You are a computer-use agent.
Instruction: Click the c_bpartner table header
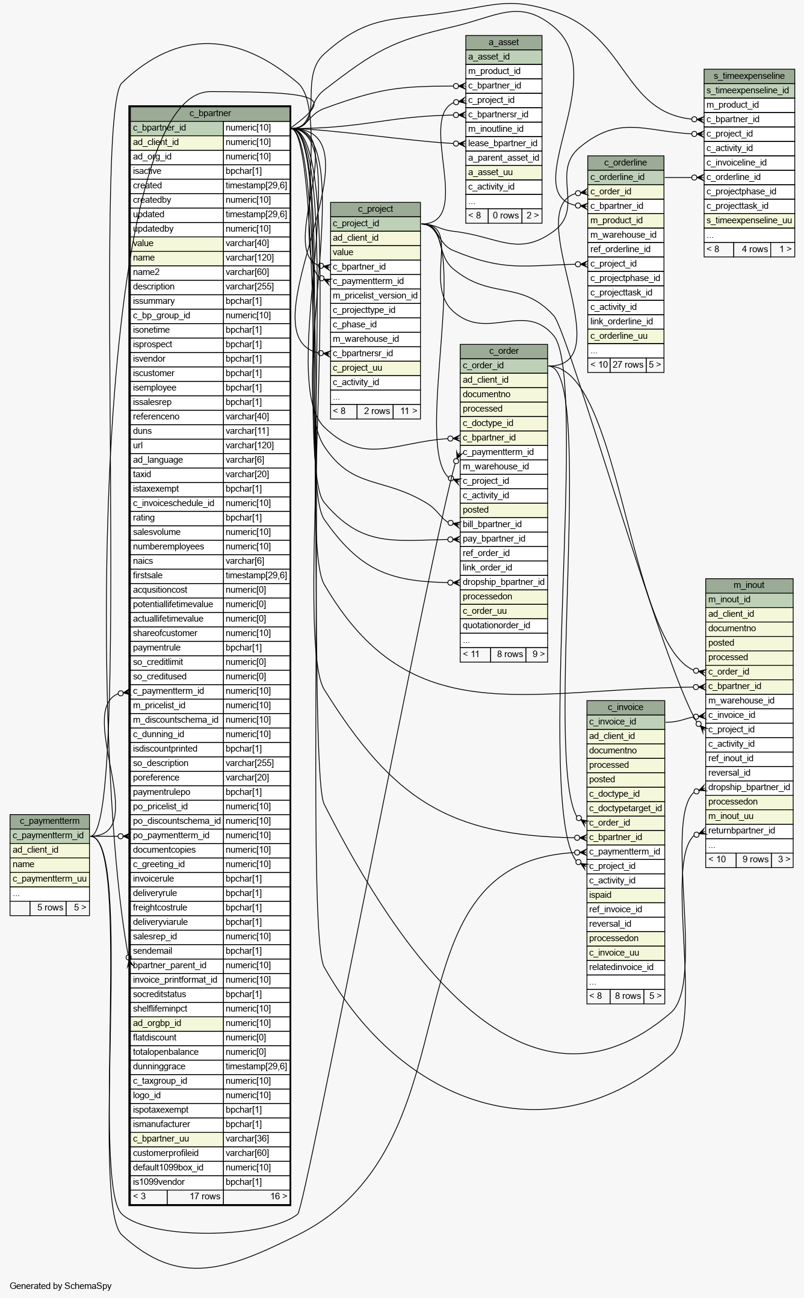click(210, 113)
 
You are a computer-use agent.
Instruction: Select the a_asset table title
click(504, 42)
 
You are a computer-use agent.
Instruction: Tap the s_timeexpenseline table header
click(749, 76)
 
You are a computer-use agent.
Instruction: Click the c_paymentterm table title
click(49, 821)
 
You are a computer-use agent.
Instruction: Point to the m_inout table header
click(749, 585)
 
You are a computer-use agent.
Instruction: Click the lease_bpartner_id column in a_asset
click(504, 143)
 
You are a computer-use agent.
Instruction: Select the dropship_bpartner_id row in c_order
click(504, 582)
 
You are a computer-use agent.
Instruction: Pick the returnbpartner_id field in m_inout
click(749, 830)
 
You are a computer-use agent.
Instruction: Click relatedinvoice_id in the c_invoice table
click(626, 967)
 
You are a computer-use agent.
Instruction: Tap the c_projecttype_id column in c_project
click(375, 310)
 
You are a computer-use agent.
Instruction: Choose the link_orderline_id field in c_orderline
click(626, 321)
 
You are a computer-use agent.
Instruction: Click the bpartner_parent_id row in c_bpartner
click(177, 965)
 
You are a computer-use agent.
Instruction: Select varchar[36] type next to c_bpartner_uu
click(256, 1139)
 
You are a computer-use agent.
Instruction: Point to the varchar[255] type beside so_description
click(256, 763)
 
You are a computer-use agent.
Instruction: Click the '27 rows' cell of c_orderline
click(628, 365)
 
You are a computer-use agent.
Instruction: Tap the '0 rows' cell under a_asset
click(506, 215)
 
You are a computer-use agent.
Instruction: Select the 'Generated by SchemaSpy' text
click(61, 1286)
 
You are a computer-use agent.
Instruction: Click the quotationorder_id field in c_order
click(504, 625)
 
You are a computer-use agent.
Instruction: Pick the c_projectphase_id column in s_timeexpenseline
click(749, 191)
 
